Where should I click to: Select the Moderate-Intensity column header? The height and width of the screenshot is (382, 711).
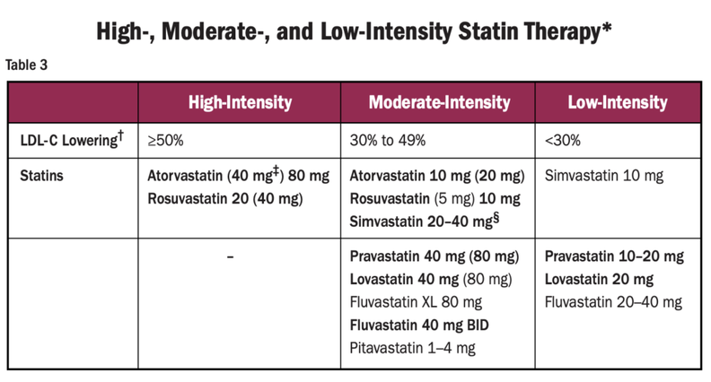[439, 102]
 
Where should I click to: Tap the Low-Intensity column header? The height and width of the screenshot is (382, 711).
[618, 102]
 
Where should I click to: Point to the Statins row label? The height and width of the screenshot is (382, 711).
[41, 176]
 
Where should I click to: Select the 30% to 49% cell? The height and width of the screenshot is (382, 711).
[387, 140]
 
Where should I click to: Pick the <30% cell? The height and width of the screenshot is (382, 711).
[563, 140]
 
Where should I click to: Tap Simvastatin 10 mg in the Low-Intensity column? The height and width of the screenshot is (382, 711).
[604, 176]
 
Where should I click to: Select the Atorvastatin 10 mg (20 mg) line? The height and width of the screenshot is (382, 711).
[436, 176]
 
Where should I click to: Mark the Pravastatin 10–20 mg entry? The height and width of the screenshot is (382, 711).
[614, 256]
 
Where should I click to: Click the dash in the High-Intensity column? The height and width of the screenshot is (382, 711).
[231, 257]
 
